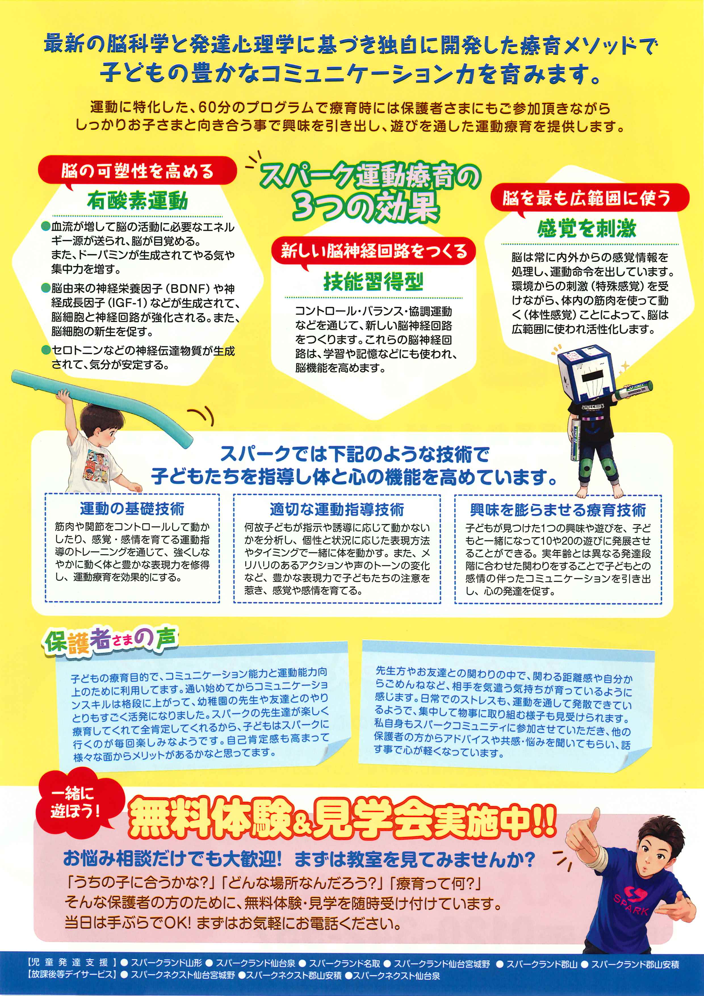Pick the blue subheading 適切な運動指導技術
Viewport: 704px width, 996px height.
pyautogui.click(x=337, y=509)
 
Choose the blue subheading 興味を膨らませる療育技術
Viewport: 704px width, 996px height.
pyautogui.click(x=558, y=510)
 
